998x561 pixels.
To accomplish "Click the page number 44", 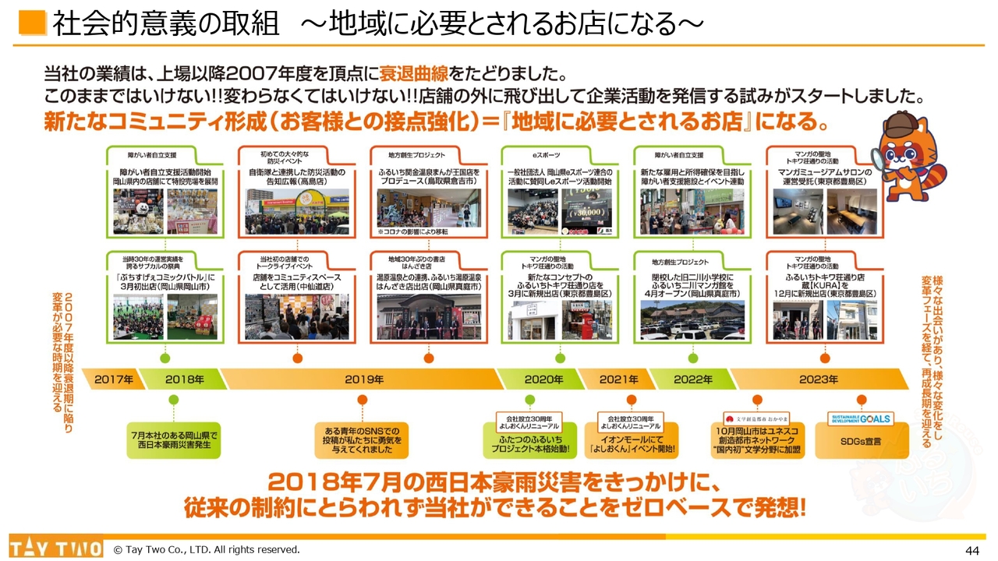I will pos(971,550).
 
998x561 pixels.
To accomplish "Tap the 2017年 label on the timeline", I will pos(114,379).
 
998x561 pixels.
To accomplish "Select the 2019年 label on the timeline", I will pos(364,379).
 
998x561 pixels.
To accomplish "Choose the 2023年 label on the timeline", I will pos(819,379).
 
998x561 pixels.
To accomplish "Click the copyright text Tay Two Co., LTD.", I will pos(207,550).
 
